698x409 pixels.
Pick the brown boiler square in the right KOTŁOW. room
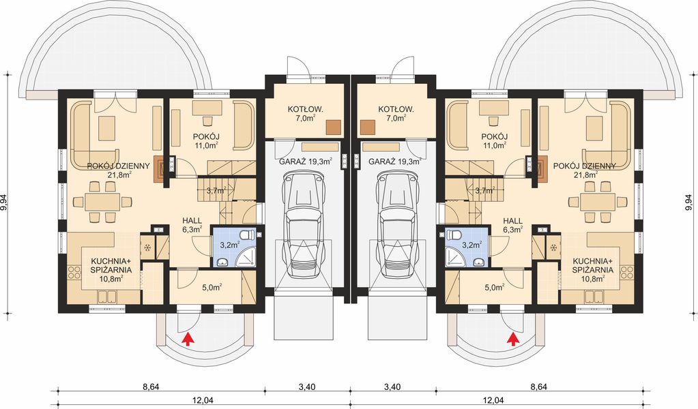367,127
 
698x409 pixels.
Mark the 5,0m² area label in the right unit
494,288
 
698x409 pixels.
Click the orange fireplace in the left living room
159,168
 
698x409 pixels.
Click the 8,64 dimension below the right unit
539,387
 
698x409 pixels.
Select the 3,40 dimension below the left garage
307,387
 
